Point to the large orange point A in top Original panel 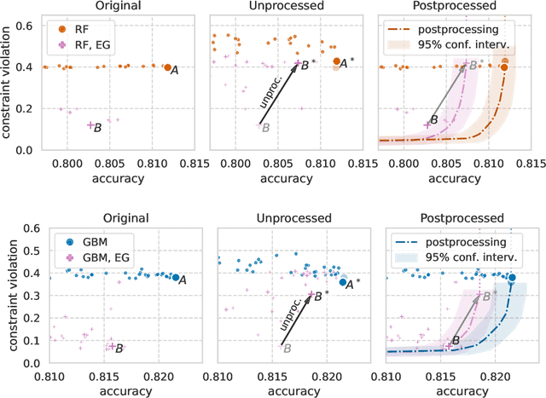167,67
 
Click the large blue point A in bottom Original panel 176,277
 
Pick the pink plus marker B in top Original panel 90,125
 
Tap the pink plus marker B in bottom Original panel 111,346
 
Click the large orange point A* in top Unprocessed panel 336,61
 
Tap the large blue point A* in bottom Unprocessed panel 343,282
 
